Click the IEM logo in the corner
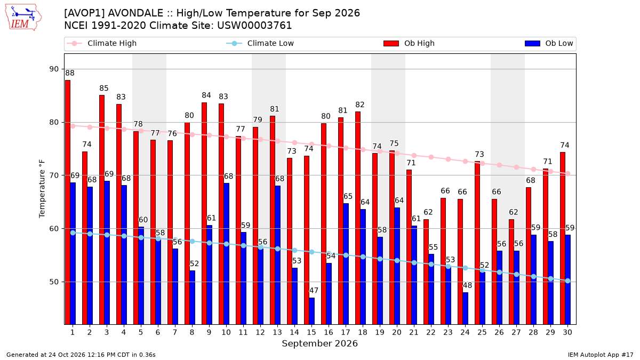click(x=23, y=18)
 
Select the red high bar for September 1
click(x=68, y=202)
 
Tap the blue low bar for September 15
click(x=311, y=311)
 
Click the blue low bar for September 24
click(x=466, y=308)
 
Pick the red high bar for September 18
click(x=358, y=218)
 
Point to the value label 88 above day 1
click(x=70, y=73)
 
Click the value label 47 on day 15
click(x=314, y=291)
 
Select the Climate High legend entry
click(x=101, y=43)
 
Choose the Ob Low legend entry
click(x=549, y=43)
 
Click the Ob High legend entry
click(x=409, y=43)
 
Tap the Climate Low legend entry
click(x=260, y=43)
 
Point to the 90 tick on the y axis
click(x=54, y=69)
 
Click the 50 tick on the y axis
click(x=54, y=282)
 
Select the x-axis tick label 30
click(x=567, y=332)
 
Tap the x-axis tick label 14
click(x=294, y=332)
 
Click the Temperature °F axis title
click(x=42, y=189)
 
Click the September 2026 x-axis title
click(x=319, y=343)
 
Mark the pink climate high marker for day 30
click(x=567, y=174)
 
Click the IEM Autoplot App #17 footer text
click(x=601, y=355)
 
